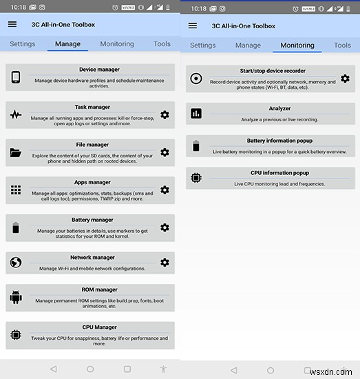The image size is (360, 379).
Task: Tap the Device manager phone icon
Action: coord(16,77)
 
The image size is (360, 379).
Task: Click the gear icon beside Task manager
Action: coord(165,115)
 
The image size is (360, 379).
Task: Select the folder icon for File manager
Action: coord(16,152)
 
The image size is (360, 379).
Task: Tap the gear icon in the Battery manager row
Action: coord(165,227)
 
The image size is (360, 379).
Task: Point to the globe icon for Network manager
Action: coord(16,263)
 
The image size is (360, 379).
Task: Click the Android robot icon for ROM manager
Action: coord(16,298)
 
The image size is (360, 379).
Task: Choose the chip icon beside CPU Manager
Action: coord(16,336)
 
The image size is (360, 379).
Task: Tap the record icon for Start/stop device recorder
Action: coord(196,79)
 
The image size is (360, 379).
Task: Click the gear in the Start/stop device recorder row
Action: coord(345,79)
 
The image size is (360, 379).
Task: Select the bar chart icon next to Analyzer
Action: coord(196,113)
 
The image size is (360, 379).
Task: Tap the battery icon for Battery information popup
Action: coord(196,145)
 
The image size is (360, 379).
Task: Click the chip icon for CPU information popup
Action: coord(196,177)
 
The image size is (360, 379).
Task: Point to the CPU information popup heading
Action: coord(271,173)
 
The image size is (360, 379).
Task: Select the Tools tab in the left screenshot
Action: coord(162,44)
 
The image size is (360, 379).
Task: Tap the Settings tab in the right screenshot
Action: coord(203,45)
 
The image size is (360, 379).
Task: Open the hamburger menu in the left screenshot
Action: coord(12,24)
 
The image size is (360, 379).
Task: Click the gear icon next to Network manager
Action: coord(165,263)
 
